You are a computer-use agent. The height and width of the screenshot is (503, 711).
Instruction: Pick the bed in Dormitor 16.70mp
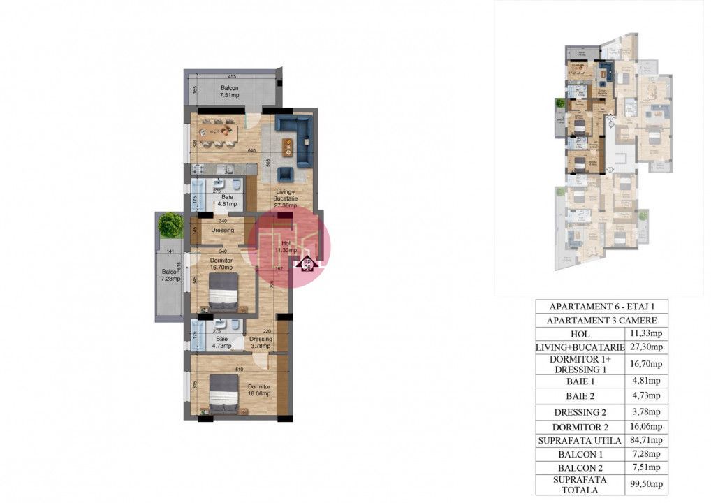click(223, 292)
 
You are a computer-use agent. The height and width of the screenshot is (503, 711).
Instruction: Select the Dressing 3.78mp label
click(261, 342)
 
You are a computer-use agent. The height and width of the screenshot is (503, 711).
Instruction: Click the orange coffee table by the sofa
click(287, 147)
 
